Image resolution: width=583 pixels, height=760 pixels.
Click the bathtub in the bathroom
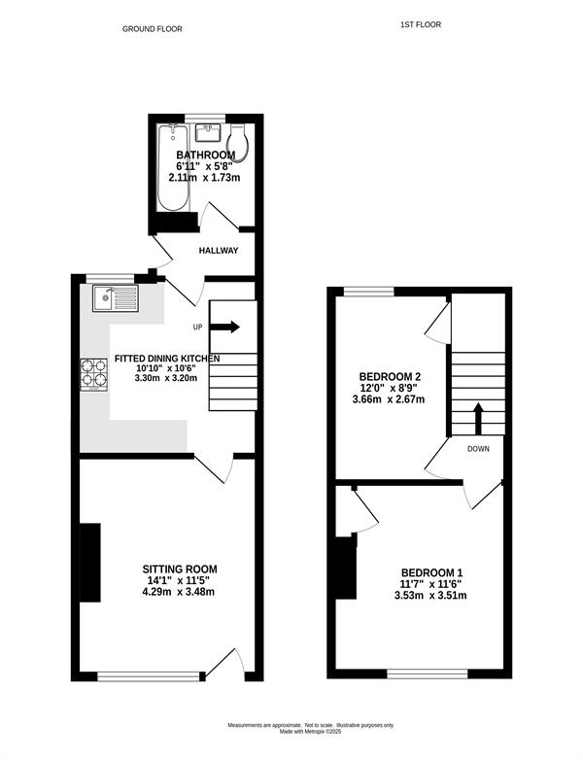click(x=173, y=167)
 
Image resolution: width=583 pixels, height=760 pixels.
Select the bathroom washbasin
click(x=208, y=132)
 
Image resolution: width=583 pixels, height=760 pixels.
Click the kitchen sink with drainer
click(x=116, y=297)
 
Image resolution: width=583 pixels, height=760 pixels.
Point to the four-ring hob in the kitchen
click(x=94, y=374)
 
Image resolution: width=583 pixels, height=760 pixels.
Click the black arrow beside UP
click(x=224, y=327)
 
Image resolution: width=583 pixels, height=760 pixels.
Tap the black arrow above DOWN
click(x=478, y=418)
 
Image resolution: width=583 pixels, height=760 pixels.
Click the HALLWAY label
click(x=219, y=251)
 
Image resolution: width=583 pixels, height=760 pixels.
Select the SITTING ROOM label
click(x=180, y=570)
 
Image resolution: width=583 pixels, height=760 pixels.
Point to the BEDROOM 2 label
click(x=390, y=377)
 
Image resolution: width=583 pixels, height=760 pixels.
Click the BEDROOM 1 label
click(x=431, y=572)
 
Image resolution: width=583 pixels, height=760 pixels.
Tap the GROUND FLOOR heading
click(x=153, y=29)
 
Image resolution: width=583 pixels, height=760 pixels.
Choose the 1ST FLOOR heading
click(x=421, y=24)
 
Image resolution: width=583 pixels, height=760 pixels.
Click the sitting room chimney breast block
click(x=90, y=563)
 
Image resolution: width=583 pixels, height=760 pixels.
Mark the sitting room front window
click(x=149, y=676)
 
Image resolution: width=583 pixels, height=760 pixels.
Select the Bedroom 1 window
click(x=428, y=674)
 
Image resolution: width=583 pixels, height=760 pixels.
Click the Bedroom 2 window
click(x=369, y=292)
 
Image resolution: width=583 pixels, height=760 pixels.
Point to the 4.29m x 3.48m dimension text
click(x=179, y=592)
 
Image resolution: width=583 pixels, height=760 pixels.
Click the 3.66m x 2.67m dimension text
click(x=389, y=399)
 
